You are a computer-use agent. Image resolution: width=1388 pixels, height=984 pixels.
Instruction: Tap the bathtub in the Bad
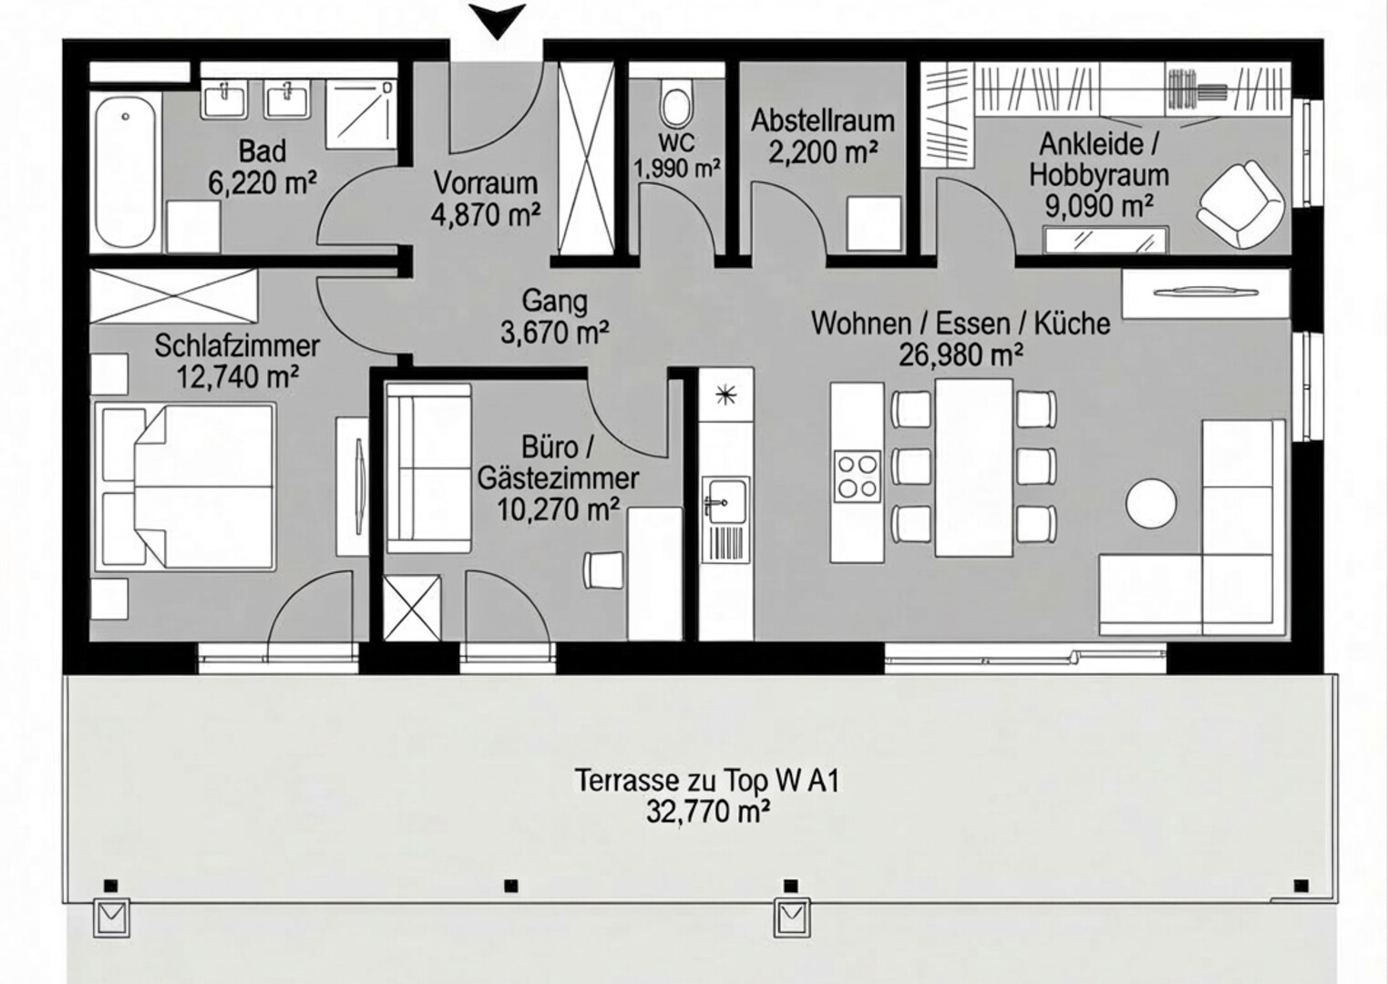(126, 171)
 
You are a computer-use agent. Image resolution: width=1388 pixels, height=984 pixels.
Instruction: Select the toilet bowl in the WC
(676, 109)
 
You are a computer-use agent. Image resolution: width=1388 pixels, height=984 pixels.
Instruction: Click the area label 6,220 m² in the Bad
(262, 183)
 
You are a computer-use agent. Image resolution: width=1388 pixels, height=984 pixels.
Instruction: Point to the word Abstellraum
(823, 121)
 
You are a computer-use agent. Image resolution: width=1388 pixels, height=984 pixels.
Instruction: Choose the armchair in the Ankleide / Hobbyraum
(1240, 205)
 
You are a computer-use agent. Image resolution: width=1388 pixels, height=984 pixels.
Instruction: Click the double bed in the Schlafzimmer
(185, 487)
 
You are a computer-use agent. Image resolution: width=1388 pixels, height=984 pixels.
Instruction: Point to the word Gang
(555, 302)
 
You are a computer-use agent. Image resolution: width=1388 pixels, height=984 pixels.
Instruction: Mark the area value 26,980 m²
(961, 354)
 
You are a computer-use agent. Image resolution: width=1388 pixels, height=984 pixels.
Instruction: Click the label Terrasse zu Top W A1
(707, 780)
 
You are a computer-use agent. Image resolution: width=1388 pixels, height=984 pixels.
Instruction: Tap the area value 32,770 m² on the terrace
(708, 811)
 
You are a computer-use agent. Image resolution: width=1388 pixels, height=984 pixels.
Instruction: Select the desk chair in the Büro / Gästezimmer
(603, 569)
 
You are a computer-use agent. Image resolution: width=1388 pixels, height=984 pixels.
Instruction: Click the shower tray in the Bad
(361, 114)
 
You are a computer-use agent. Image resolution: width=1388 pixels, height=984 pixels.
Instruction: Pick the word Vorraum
(486, 183)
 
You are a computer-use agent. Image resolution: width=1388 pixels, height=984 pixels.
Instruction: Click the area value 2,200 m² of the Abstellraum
(823, 152)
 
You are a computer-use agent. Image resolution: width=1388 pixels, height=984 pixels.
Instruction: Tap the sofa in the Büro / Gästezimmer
(427, 467)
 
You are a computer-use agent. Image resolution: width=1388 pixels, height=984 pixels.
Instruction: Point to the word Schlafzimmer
(237, 345)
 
